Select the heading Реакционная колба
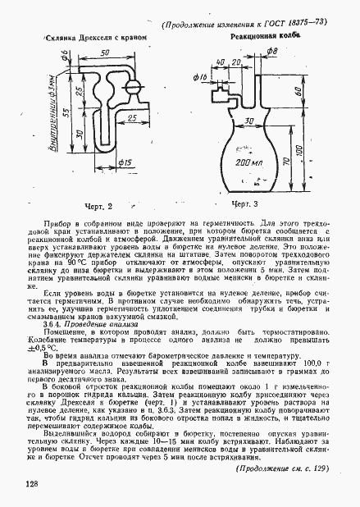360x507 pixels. (262, 37)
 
